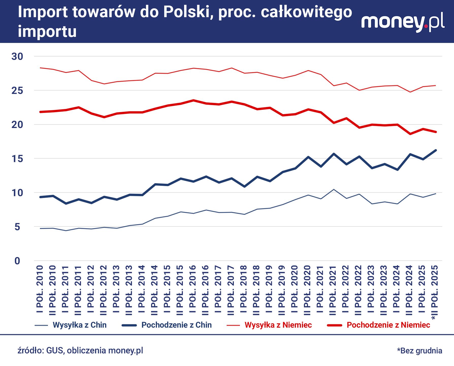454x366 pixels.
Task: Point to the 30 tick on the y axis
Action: tap(17, 56)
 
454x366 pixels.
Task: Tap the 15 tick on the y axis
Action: tap(17, 159)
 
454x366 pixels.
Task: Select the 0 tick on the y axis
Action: tap(17, 261)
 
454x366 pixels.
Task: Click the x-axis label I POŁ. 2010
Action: tap(40, 289)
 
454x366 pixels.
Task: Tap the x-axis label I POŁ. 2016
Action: tap(193, 289)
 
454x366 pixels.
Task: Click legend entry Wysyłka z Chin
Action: tap(79, 325)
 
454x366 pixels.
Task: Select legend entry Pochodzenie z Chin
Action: tap(176, 325)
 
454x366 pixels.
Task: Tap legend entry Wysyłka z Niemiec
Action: tap(278, 325)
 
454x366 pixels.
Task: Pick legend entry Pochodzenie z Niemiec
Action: tap(388, 325)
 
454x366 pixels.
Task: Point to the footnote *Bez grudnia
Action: tap(419, 351)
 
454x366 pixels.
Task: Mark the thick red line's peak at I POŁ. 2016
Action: tap(193, 100)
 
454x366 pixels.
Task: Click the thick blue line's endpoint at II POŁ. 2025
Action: tap(436, 150)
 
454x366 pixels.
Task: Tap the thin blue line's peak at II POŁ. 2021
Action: tap(334, 189)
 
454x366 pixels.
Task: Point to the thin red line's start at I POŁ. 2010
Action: tap(40, 68)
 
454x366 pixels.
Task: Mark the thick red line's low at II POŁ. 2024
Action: tap(410, 134)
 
